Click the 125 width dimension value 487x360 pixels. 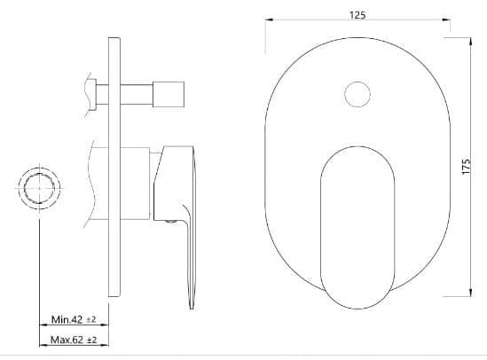click(357, 15)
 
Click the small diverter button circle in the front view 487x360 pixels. click(357, 93)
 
